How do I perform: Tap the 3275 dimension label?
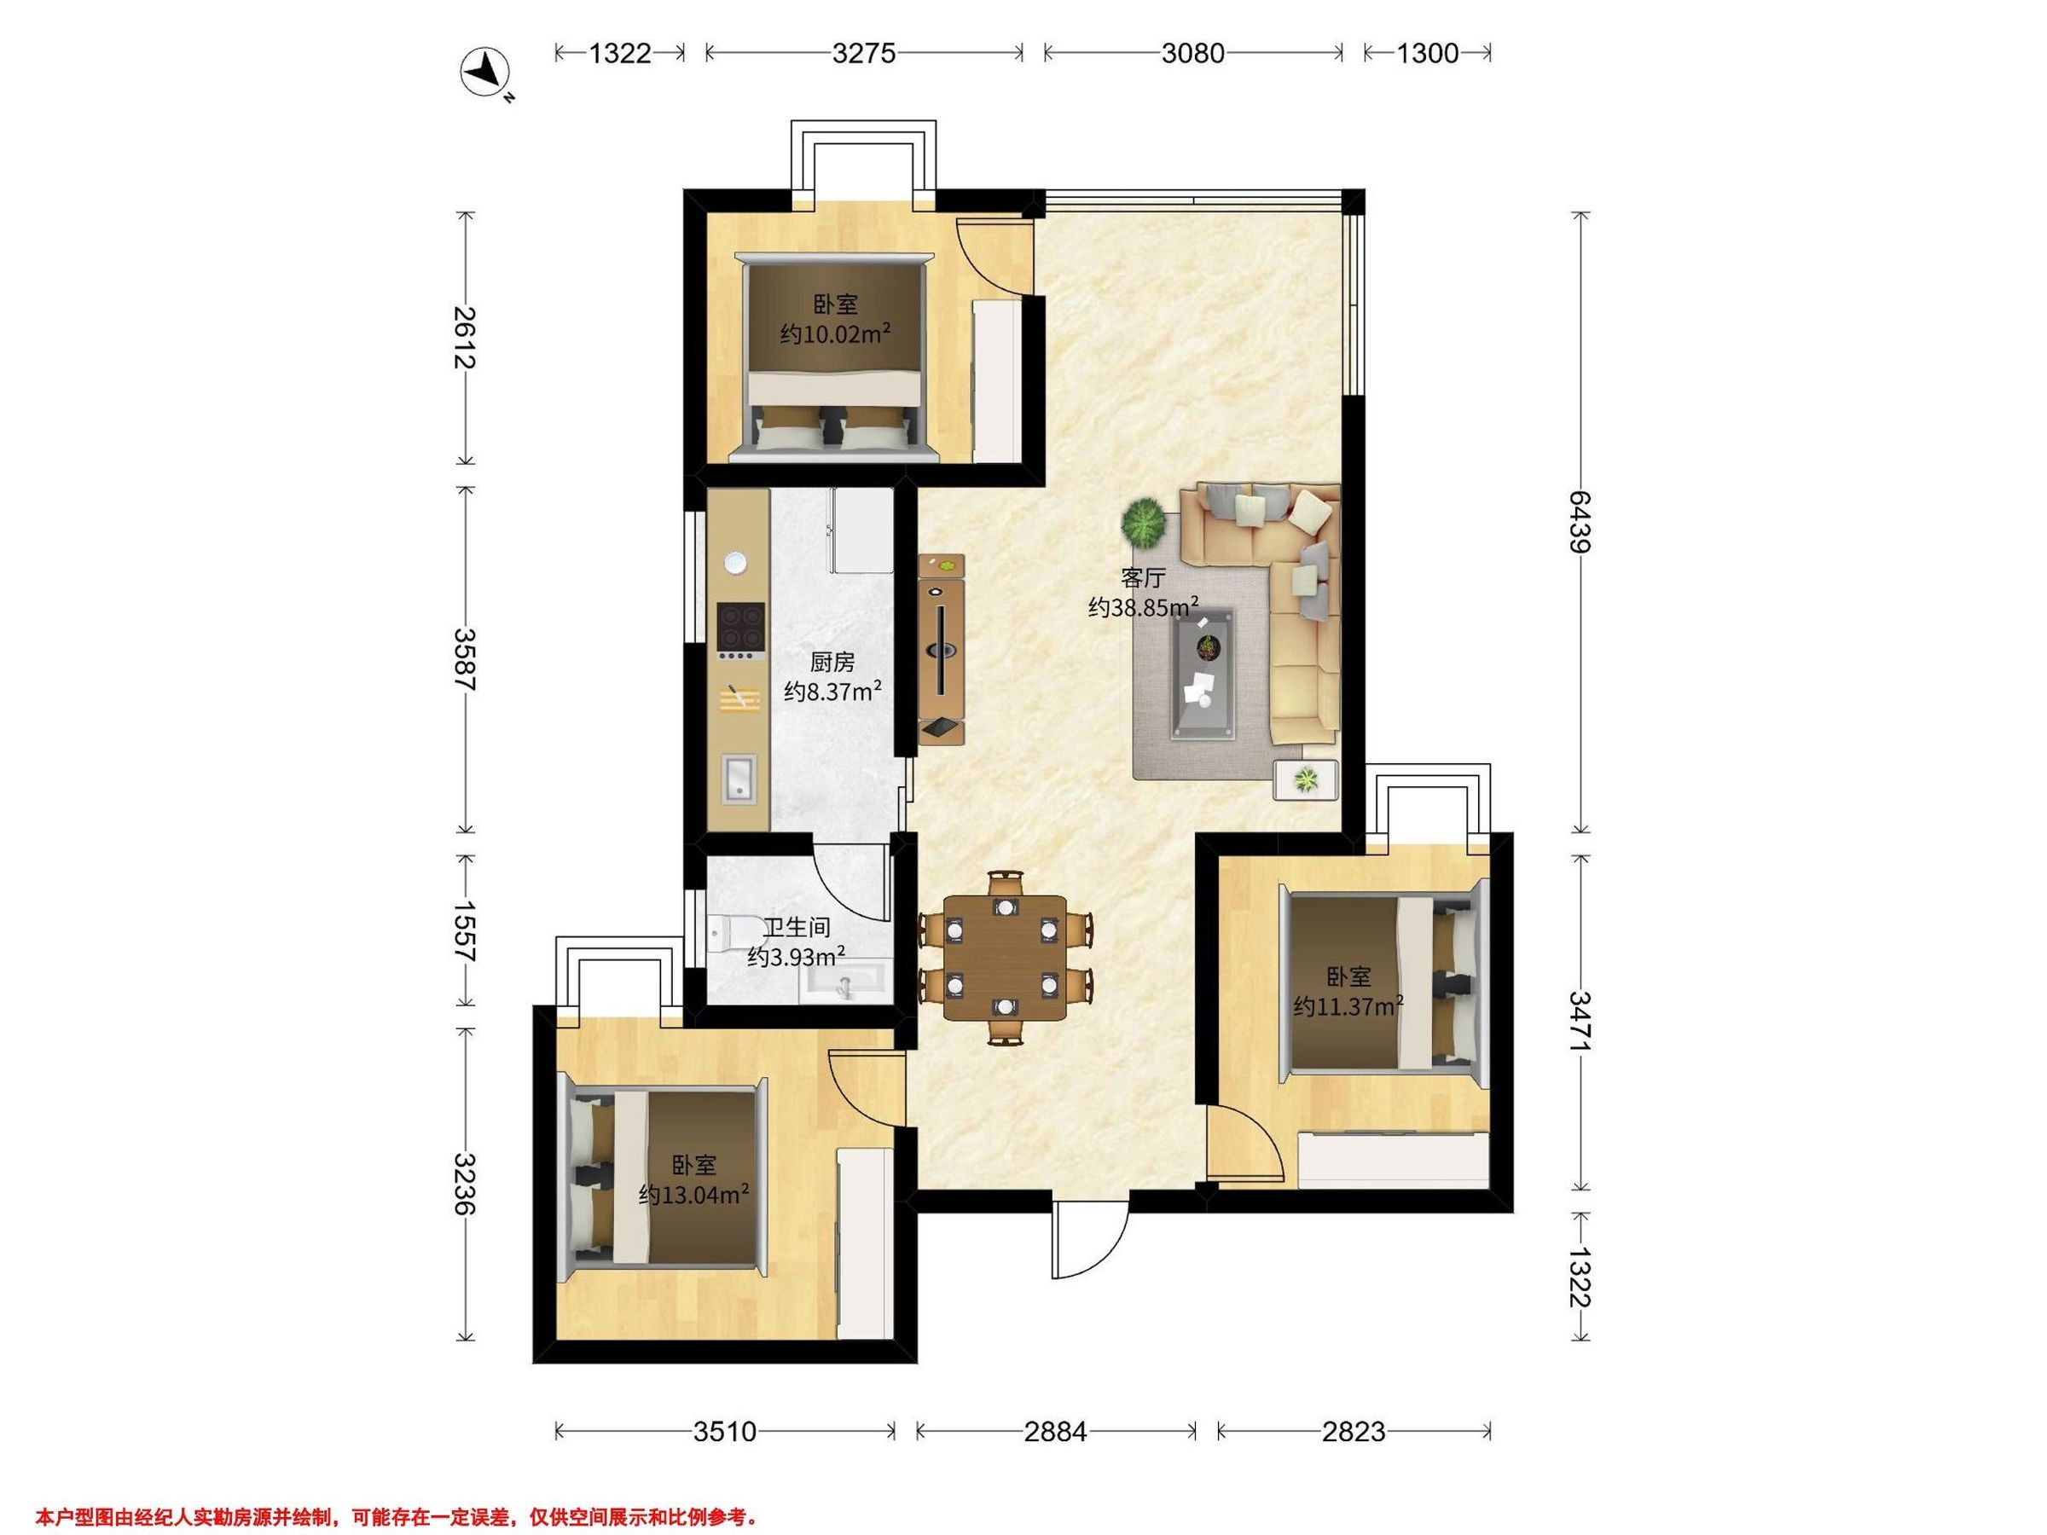[863, 54]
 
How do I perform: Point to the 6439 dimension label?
[1579, 521]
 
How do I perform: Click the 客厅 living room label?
[1143, 578]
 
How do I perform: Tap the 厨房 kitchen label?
[832, 662]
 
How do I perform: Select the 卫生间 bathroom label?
[796, 927]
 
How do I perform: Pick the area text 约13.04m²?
[694, 1195]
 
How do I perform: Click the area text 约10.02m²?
[836, 333]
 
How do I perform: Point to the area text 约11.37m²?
[1348, 1005]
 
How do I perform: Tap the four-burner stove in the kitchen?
[741, 628]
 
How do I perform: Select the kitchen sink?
[739, 776]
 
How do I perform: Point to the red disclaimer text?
[396, 1518]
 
